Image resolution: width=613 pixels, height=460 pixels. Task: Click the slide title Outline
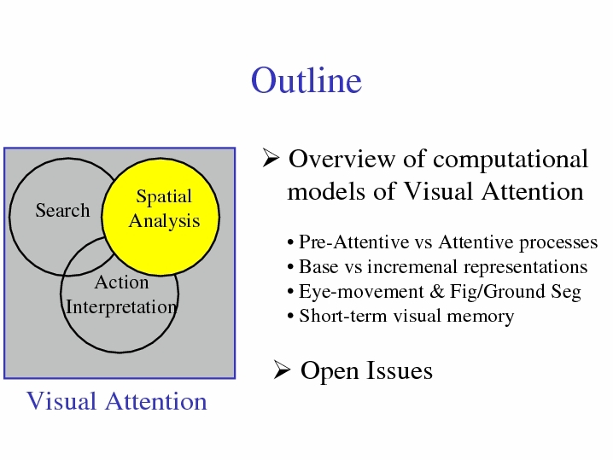coord(306,80)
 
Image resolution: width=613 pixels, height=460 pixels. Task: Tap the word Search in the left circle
coord(62,210)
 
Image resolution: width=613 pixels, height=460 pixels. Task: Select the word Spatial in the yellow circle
coord(164,196)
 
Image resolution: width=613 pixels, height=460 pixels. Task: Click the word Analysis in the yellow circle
coord(164,221)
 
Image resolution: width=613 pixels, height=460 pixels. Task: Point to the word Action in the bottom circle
coord(121,282)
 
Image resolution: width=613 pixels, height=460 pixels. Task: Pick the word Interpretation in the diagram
coord(121,307)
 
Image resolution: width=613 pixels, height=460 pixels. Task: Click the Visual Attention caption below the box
coord(116,401)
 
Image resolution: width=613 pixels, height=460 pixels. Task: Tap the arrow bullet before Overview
coord(271,158)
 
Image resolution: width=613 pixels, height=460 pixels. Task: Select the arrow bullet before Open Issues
coord(282,370)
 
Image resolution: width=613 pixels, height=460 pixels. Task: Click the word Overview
coord(342,159)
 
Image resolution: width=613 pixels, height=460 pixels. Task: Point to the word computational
coord(511,160)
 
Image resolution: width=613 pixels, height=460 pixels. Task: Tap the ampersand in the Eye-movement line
coord(436,291)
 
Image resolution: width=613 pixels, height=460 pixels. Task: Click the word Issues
coord(400,370)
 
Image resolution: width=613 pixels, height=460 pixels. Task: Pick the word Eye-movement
coord(361,292)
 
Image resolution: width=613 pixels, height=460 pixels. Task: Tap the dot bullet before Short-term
coord(290,316)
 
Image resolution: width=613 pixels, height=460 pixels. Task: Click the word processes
coord(558,242)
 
